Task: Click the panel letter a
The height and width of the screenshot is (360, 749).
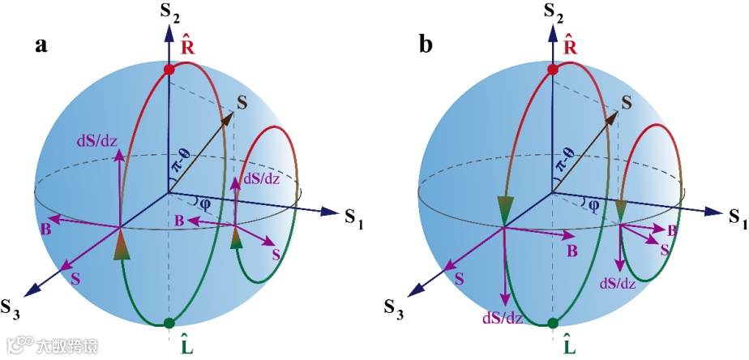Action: pos(41,45)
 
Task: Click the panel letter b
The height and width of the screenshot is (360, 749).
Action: pos(426,45)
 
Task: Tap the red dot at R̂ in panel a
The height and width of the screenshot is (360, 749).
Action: pos(169,71)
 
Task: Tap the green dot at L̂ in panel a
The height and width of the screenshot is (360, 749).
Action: pos(169,324)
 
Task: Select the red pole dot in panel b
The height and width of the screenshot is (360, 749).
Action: pos(553,71)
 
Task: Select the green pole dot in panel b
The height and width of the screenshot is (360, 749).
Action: pos(553,324)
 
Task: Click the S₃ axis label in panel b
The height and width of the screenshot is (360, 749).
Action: pos(395,307)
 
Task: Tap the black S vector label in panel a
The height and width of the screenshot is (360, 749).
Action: pos(242,101)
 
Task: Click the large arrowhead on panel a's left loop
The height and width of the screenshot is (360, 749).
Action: pos(119,244)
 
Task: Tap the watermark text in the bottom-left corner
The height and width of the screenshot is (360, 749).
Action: pos(53,346)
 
